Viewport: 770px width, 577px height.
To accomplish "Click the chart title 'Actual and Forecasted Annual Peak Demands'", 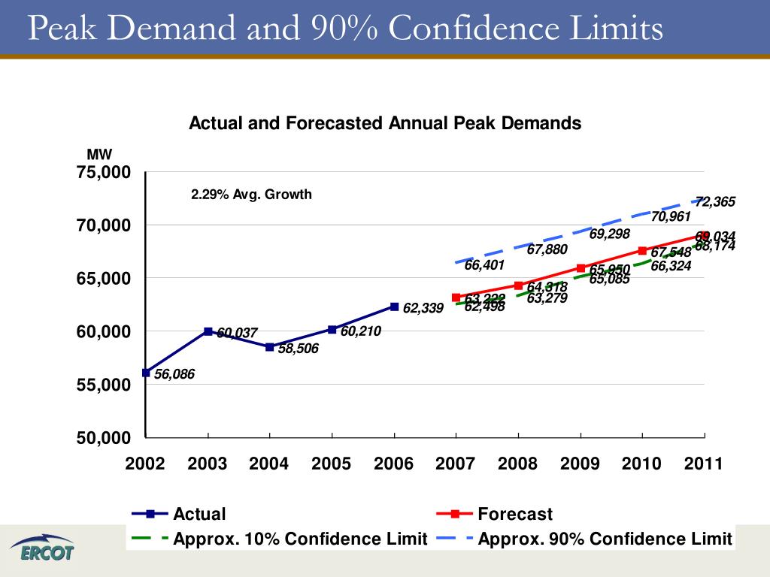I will [384, 123].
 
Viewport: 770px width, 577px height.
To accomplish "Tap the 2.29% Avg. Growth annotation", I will [251, 195].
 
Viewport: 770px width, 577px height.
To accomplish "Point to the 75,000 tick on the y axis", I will [105, 173].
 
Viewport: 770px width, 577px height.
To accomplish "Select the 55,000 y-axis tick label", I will [105, 385].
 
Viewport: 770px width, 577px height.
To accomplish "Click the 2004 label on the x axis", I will [269, 464].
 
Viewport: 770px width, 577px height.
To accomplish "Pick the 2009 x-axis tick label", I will [580, 464].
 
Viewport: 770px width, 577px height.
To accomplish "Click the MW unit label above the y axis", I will [99, 155].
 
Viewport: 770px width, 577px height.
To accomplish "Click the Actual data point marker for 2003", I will [208, 331].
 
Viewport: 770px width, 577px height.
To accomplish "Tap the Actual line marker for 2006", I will [394, 307].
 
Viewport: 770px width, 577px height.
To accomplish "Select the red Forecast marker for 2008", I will [518, 285].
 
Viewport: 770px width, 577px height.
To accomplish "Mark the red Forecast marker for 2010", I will [642, 251].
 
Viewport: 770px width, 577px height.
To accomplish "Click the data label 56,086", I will [174, 374].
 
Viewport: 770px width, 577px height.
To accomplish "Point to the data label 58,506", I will [299, 349].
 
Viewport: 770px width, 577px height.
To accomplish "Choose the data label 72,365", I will [715, 201].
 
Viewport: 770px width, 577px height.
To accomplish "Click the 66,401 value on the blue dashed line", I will [484, 265].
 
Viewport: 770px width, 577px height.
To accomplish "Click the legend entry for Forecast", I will [514, 514].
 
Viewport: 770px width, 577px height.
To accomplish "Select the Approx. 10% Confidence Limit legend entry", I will [300, 539].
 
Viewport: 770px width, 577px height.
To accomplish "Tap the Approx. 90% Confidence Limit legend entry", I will [605, 539].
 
